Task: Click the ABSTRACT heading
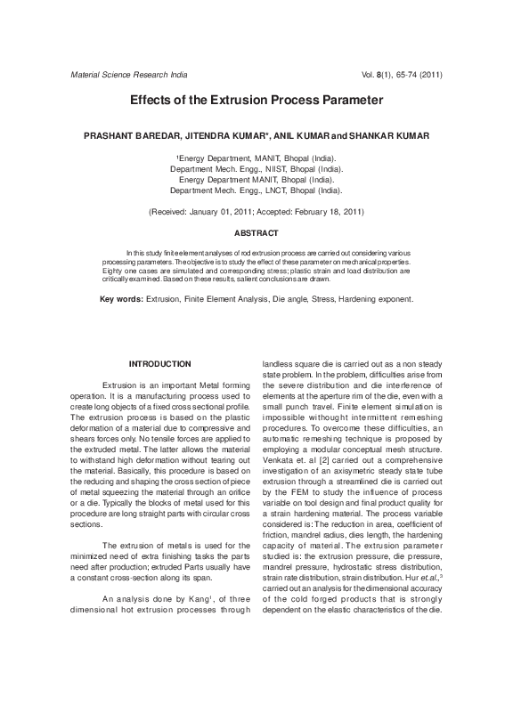pos(256,233)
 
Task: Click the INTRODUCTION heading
pos(160,364)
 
